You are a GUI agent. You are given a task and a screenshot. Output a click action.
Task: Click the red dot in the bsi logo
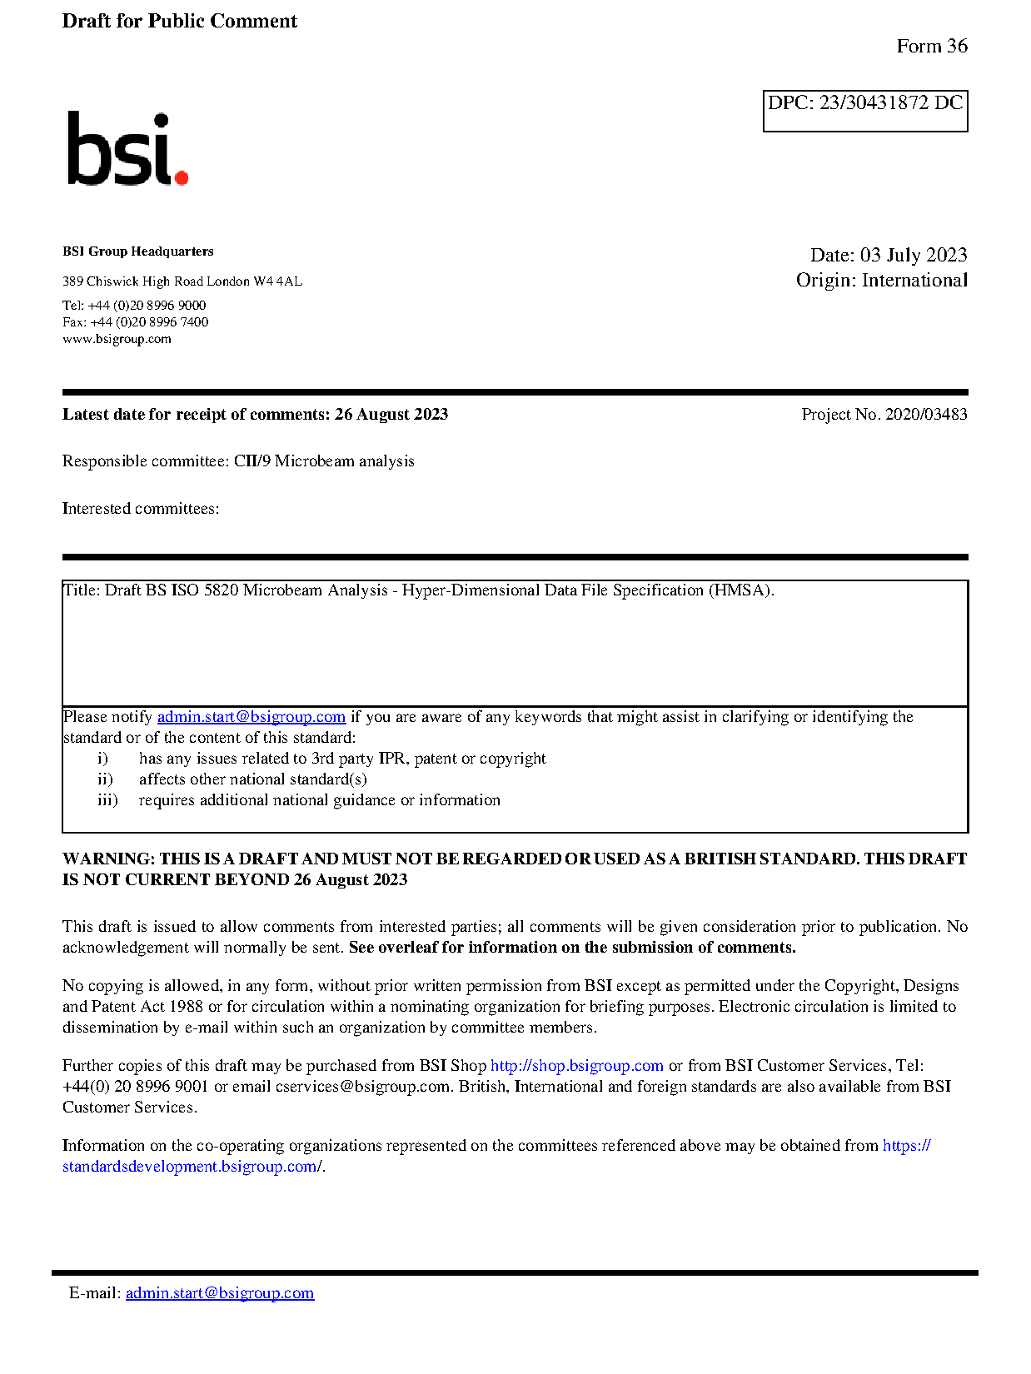[x=181, y=177]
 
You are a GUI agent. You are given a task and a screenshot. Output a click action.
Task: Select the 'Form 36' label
[x=931, y=47]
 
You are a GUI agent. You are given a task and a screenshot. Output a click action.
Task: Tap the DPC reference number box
[x=864, y=110]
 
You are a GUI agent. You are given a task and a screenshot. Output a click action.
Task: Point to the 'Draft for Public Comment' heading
[x=179, y=22]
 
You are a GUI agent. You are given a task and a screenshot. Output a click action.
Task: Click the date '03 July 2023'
[x=913, y=255]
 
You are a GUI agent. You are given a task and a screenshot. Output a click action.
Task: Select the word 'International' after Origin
[x=914, y=281]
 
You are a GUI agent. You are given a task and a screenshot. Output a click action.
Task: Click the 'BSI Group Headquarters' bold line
[x=137, y=251]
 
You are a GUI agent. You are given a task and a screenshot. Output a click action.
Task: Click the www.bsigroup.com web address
[x=117, y=339]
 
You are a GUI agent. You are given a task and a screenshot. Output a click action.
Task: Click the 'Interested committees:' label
[x=141, y=509]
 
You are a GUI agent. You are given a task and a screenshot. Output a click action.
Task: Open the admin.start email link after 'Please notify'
[x=251, y=717]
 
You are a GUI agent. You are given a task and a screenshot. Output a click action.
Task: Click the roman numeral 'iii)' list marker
[x=107, y=800]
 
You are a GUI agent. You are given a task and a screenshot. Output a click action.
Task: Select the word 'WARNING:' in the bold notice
[x=108, y=859]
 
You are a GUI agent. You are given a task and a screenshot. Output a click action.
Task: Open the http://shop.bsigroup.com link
[x=576, y=1066]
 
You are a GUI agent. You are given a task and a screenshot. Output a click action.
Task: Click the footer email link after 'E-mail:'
[x=220, y=1293]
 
